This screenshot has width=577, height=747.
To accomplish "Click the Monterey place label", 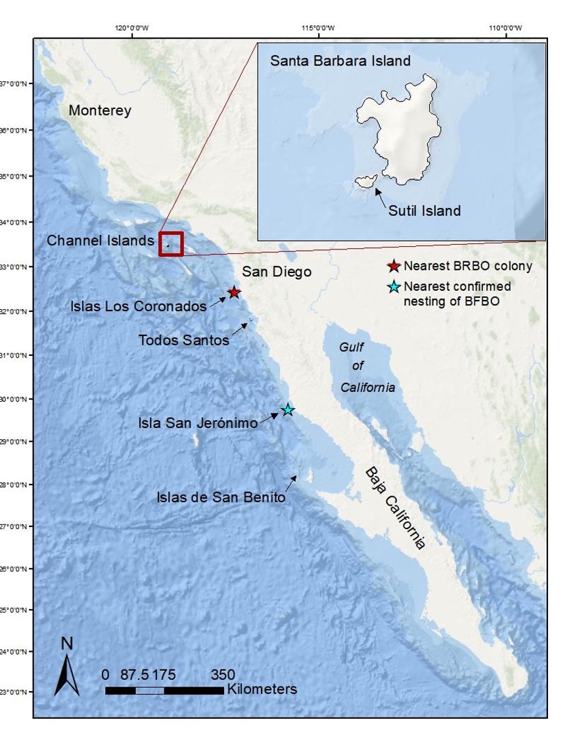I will pyautogui.click(x=100, y=111).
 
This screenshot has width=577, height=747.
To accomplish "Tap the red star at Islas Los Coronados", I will pyautogui.click(x=234, y=292).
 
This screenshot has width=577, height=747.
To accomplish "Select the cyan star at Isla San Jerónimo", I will pyautogui.click(x=287, y=410).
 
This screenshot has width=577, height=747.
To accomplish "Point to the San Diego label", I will pyautogui.click(x=276, y=272).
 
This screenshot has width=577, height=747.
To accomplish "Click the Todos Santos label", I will pyautogui.click(x=184, y=340).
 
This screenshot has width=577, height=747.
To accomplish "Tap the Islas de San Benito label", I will pyautogui.click(x=221, y=497).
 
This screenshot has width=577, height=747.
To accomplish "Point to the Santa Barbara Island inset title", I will pyautogui.click(x=340, y=61).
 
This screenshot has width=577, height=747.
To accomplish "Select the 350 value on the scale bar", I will pyautogui.click(x=223, y=675).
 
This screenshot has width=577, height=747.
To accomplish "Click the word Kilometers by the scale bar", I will pyautogui.click(x=262, y=689).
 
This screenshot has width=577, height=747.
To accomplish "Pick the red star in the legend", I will pyautogui.click(x=394, y=266).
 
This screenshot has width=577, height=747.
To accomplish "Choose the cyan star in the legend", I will pyautogui.click(x=394, y=287).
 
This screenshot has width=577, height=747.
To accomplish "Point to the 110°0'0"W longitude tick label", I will pyautogui.click(x=505, y=28).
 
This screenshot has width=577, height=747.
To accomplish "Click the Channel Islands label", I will pyautogui.click(x=100, y=241).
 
